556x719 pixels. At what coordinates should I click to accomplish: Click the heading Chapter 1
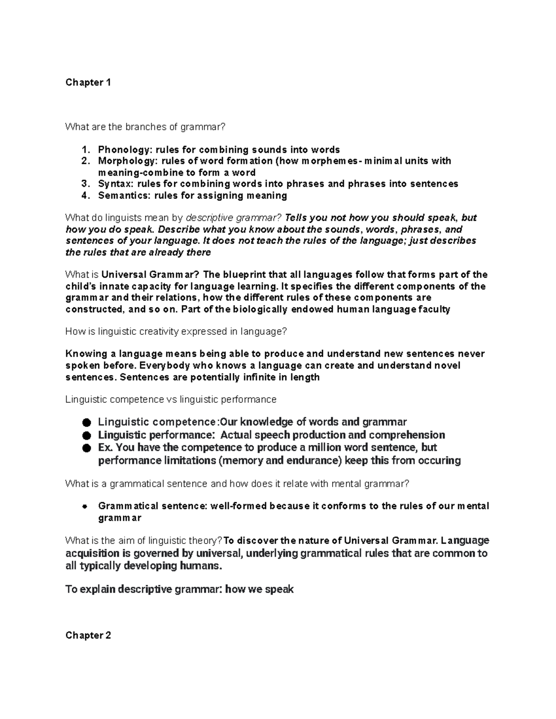coord(88,83)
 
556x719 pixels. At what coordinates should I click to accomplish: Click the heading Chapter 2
coord(88,635)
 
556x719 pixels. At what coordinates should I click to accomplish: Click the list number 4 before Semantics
coord(84,195)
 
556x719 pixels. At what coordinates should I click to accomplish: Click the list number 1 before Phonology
coord(84,150)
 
